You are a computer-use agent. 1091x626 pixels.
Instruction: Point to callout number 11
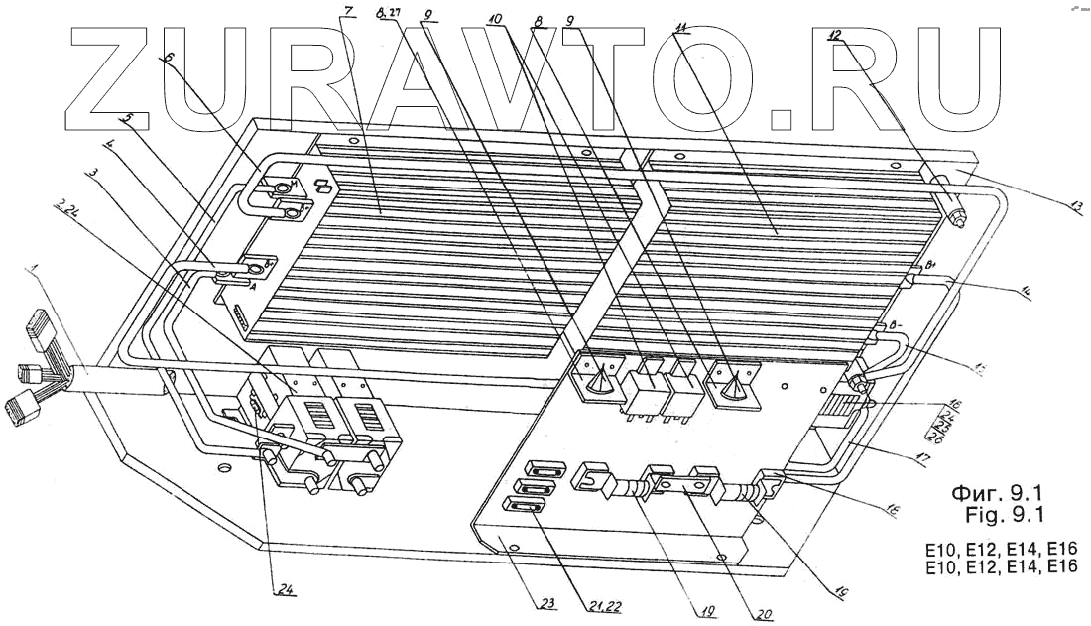[680, 26]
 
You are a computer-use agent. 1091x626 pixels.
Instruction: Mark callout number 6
[168, 58]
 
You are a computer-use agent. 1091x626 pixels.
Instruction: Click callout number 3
[92, 173]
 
